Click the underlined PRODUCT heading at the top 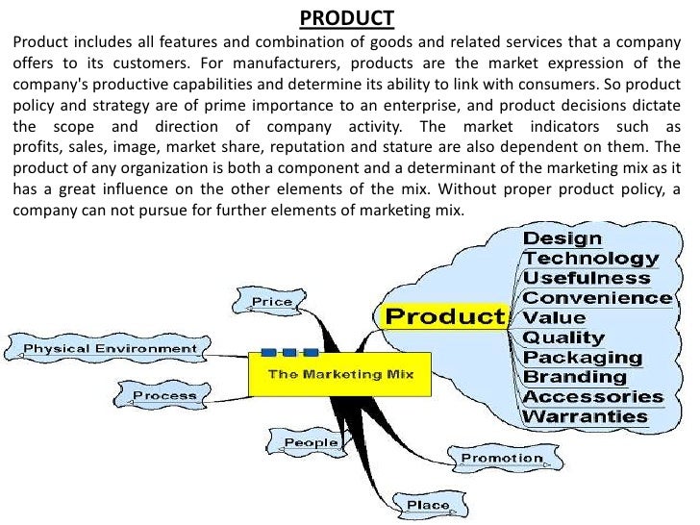click(x=346, y=18)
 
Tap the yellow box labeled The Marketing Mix click(x=340, y=373)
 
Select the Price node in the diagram click(x=272, y=302)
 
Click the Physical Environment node click(x=110, y=348)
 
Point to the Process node click(x=164, y=395)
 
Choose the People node click(x=311, y=443)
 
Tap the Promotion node click(x=501, y=458)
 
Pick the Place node click(x=428, y=505)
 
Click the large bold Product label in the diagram click(x=445, y=316)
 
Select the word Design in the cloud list click(x=562, y=237)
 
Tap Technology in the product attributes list click(x=591, y=258)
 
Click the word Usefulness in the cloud click(x=587, y=278)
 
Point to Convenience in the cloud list click(x=597, y=297)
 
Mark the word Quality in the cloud click(x=563, y=337)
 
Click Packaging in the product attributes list click(x=577, y=358)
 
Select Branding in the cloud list click(x=575, y=377)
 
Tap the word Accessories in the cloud click(x=593, y=396)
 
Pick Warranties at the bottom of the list click(x=586, y=416)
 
